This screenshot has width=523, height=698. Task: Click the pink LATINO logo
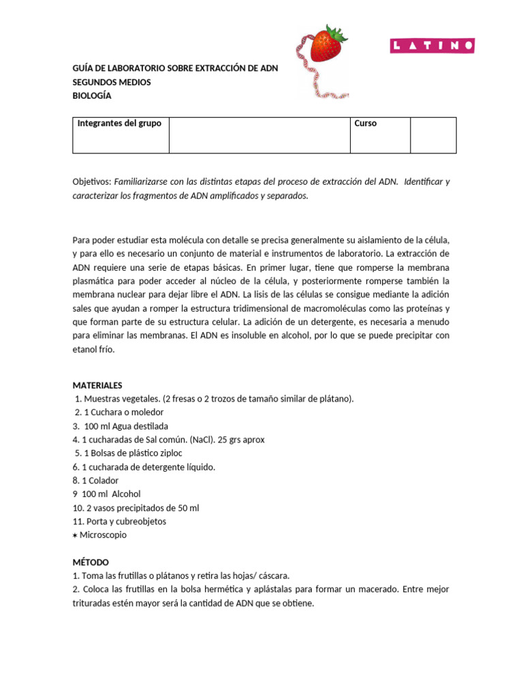click(432, 46)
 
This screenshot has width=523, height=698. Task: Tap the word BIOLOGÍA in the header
click(92, 95)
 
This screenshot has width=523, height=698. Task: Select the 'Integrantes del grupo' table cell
click(121, 134)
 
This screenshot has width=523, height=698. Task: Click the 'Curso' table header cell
click(379, 134)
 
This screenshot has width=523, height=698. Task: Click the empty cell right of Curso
click(433, 134)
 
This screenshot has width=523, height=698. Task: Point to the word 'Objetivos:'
click(92, 182)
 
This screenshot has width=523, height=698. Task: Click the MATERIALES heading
click(97, 385)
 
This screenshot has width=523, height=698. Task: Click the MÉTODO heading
click(91, 562)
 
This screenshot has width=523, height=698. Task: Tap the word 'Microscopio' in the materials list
click(103, 535)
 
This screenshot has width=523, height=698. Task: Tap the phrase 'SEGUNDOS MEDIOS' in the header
click(112, 82)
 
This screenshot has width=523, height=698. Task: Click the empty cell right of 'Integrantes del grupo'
click(259, 134)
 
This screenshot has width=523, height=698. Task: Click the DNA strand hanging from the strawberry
click(304, 68)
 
